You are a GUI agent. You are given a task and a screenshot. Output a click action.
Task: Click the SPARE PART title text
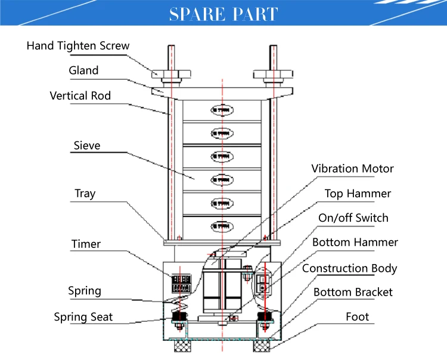coord(223,14)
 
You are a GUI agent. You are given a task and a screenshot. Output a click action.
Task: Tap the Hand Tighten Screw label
coord(78,46)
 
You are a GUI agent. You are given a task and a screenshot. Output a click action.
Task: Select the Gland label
coord(83,70)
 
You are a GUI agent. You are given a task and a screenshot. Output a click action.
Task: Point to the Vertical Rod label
coord(80,95)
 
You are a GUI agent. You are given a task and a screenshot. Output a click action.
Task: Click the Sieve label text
coord(87,145)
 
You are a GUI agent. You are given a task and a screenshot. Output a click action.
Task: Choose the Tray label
coord(85,194)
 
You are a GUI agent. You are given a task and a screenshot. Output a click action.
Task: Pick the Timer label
coord(86,244)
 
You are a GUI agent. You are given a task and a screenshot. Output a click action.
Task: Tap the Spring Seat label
coord(83,317)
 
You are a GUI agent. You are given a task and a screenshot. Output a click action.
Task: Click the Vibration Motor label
coord(352,169)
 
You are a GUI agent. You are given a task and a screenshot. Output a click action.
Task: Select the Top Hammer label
coord(358,194)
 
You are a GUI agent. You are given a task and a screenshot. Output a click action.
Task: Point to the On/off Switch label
coord(353,218)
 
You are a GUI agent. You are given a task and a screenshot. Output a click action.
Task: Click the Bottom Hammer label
coord(355,242)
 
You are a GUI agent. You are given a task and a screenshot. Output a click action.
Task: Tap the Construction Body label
coord(349,268)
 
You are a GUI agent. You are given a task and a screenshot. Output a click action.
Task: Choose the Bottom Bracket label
coord(353,292)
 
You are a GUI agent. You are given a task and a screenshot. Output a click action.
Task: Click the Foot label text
coord(358,316)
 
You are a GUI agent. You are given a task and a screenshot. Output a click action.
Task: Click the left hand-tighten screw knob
coord(170,75)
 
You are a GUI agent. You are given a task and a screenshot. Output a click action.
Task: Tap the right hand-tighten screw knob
coord(273,75)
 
